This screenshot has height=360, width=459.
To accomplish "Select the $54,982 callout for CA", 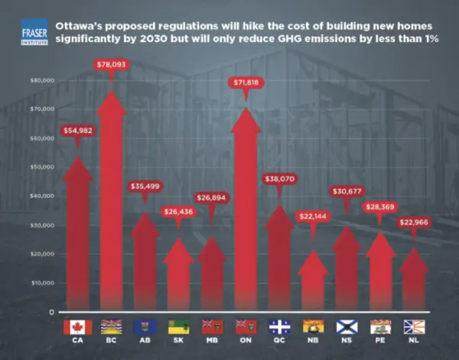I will pos(77,131).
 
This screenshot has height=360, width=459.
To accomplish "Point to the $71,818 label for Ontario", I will pos(246,80).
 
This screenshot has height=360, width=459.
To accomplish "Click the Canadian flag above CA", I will pos(78,327).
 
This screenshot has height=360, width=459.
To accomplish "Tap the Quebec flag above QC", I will pos(280,327).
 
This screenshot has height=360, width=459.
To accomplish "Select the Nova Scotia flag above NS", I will pos(347,327).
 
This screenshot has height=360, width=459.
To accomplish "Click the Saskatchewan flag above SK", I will pos(179,327).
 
